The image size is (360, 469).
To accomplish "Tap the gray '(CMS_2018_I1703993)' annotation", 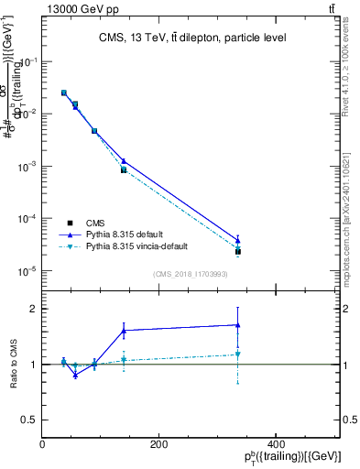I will [x=191, y=274].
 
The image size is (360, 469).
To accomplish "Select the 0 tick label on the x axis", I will [x=43, y=443].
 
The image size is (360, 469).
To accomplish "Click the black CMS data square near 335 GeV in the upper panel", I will [x=237, y=251].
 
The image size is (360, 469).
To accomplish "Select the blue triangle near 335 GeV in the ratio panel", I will [x=237, y=324].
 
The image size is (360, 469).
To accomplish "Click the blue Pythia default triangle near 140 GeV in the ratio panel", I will [x=124, y=330].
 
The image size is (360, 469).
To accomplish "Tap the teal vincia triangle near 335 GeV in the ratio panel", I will [x=237, y=354].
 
